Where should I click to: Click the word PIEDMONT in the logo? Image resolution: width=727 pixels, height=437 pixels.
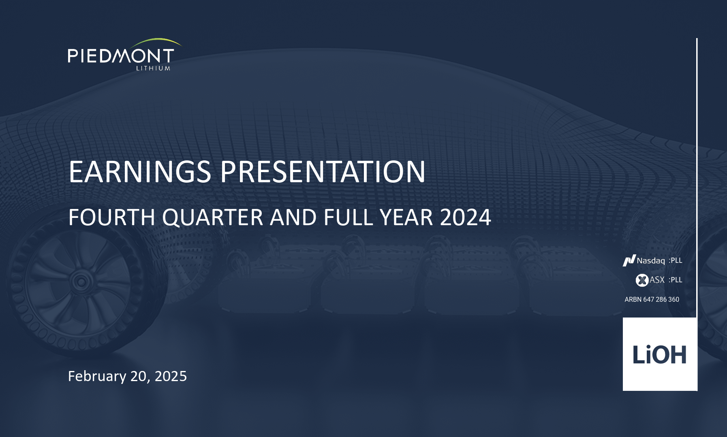(x=121, y=56)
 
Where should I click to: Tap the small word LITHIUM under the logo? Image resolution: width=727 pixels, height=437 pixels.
(x=153, y=68)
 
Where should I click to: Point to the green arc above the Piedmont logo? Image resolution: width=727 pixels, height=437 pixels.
(x=156, y=41)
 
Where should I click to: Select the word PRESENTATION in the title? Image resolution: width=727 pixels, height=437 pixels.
(x=323, y=172)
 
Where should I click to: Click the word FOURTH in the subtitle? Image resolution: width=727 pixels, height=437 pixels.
(x=112, y=217)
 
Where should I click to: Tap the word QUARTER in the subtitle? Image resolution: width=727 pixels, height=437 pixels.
(x=213, y=218)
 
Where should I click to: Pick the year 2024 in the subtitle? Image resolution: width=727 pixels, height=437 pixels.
(x=466, y=217)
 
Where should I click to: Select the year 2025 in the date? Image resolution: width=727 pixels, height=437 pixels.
(x=171, y=376)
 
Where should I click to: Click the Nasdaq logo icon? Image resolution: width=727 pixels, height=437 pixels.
(x=629, y=260)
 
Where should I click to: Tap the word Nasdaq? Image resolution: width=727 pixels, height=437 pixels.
(x=651, y=261)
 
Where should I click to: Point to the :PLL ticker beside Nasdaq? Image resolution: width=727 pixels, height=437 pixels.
(x=676, y=260)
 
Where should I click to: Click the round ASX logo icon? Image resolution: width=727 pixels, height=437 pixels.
(x=642, y=280)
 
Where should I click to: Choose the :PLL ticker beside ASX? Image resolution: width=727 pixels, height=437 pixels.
(x=676, y=280)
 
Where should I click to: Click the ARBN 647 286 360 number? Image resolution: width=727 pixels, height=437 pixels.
(x=652, y=299)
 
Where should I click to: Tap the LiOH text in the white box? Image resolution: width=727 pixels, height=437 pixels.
(x=659, y=354)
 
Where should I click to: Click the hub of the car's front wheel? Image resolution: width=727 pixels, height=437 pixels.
(x=81, y=281)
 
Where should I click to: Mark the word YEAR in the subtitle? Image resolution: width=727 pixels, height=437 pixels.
(x=407, y=217)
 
